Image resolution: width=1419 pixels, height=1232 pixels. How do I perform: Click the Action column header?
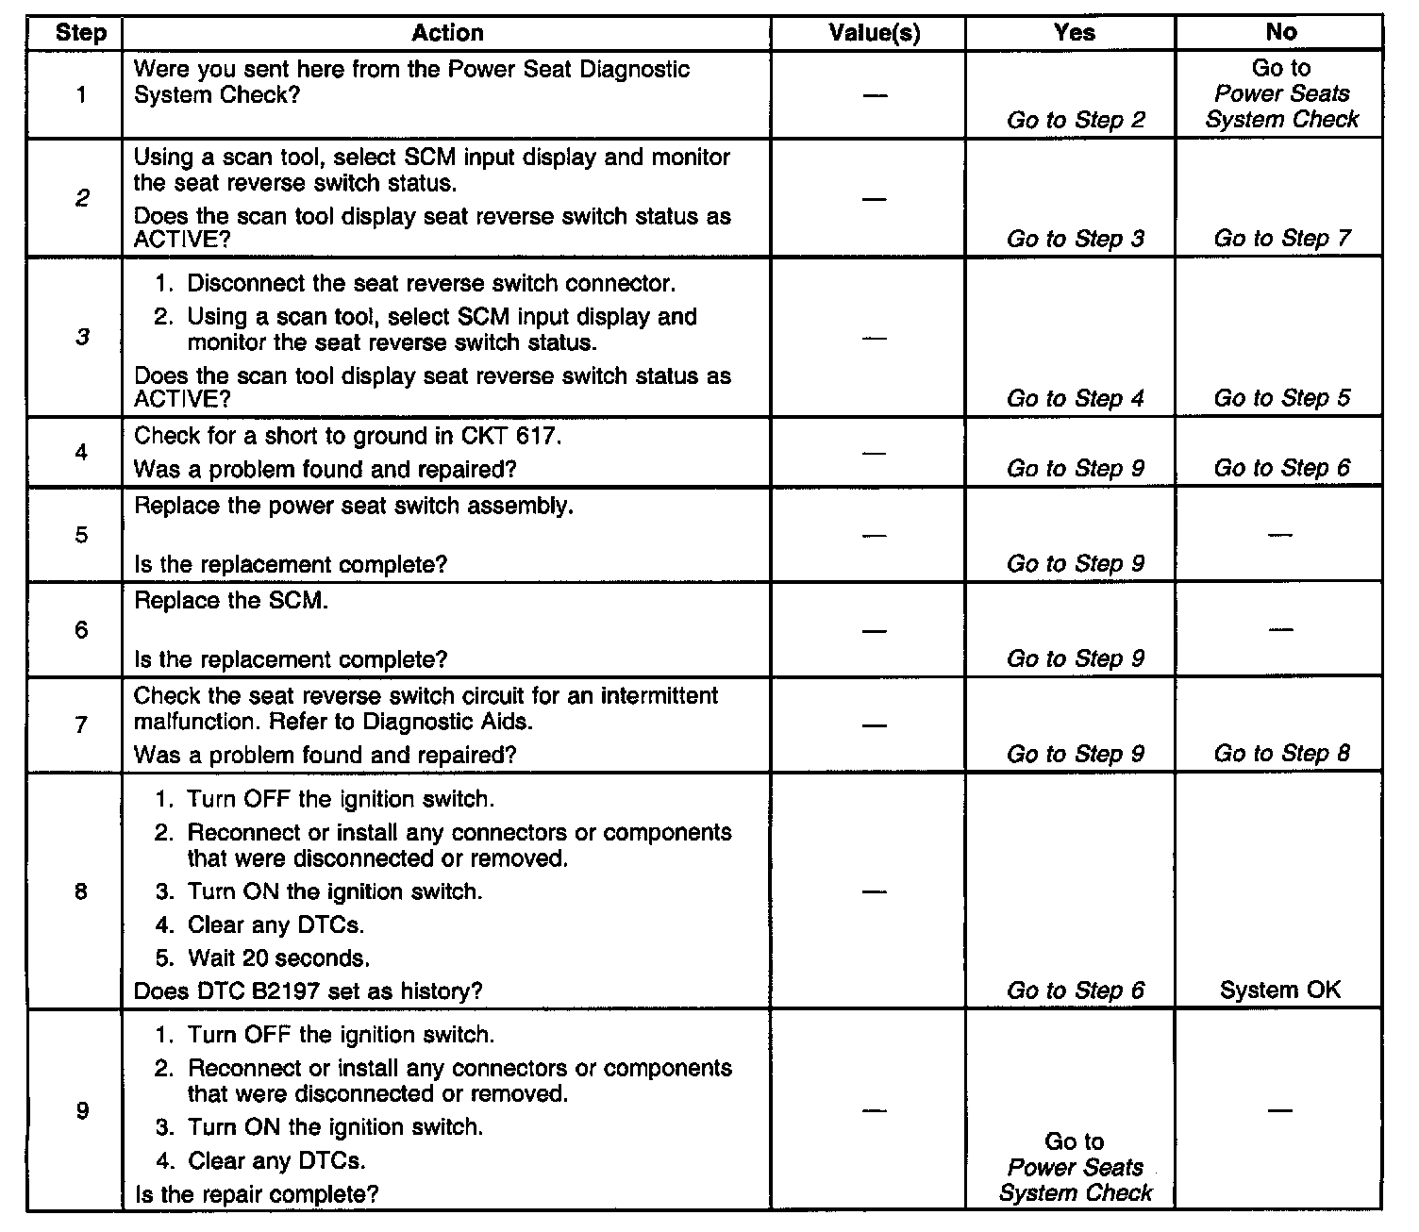[x=447, y=33]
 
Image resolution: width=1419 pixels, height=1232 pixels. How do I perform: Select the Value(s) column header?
[x=875, y=33]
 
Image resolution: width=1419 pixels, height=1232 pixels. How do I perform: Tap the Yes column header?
[x=1075, y=33]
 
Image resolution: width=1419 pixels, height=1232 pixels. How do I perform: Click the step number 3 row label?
[x=82, y=337]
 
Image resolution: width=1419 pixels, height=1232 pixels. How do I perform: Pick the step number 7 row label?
[x=82, y=724]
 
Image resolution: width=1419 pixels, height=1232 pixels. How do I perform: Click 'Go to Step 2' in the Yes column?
[x=1076, y=120]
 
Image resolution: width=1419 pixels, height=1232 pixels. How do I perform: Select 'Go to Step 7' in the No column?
[x=1282, y=239]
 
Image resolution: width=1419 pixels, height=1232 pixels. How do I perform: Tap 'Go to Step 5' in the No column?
[x=1282, y=398]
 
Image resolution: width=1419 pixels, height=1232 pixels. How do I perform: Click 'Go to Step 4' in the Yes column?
[x=1076, y=398]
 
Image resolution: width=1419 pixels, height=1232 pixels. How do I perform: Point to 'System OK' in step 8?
[x=1280, y=991]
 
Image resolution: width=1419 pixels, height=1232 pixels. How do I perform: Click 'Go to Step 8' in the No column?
[x=1282, y=754]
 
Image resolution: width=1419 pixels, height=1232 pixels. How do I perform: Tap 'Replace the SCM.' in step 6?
[x=231, y=601]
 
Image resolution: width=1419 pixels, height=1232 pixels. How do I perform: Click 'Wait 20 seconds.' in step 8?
[x=278, y=958]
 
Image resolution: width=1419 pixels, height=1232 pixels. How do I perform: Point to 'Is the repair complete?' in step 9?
[x=257, y=1194]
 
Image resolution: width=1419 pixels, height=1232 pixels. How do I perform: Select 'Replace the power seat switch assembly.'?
[x=354, y=506]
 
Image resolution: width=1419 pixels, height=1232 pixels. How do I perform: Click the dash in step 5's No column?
[x=1280, y=535]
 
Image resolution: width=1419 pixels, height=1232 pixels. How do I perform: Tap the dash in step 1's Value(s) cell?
[x=875, y=94]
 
